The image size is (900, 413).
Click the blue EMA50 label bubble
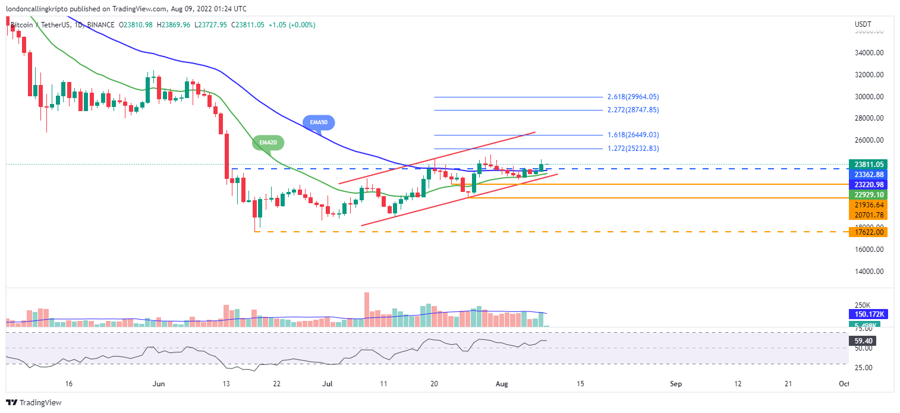click(319, 123)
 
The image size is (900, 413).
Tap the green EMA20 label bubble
click(268, 143)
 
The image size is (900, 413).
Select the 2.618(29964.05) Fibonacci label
click(633, 97)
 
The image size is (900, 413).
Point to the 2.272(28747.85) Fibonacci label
click(633, 110)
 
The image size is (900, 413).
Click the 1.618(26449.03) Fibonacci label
click(633, 135)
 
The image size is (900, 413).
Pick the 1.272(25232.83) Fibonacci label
click(633, 149)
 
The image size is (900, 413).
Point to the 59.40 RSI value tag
click(863, 341)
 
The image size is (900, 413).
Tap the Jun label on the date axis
click(159, 384)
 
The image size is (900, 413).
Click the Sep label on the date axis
click(675, 384)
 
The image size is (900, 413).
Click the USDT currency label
click(863, 24)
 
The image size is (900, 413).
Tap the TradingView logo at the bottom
click(34, 403)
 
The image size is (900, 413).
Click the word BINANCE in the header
click(102, 25)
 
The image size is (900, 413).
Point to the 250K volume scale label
click(863, 305)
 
